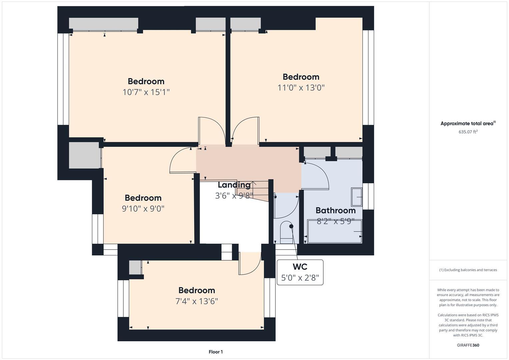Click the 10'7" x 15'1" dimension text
tap(146, 92)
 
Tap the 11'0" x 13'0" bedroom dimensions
tap(301, 88)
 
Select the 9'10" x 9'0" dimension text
tap(143, 209)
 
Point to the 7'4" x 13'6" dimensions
tap(197, 301)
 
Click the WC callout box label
tap(300, 267)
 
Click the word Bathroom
tap(335, 210)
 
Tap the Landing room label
tap(234, 185)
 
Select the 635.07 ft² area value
tap(468, 132)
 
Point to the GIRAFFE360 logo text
tap(468, 345)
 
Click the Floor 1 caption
tap(216, 352)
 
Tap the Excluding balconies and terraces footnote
tap(468, 270)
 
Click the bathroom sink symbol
tap(357, 197)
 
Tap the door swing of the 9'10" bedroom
tap(182, 161)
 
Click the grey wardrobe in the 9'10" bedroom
tap(84, 155)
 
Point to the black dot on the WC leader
tap(291, 226)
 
